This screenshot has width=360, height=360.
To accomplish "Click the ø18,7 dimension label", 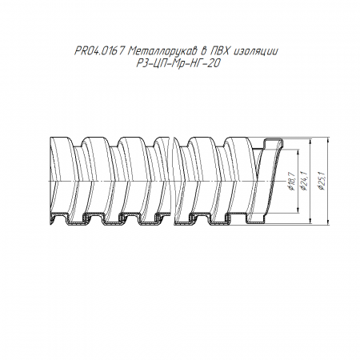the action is click(x=291, y=182).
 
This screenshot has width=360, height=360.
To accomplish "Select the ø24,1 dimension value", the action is click(x=304, y=181).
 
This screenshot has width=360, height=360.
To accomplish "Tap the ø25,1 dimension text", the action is click(x=322, y=181).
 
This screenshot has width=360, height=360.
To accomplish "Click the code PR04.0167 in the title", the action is click(x=99, y=51).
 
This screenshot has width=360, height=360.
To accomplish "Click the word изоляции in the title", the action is click(x=256, y=51).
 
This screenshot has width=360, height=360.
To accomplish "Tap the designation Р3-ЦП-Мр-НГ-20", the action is click(x=178, y=63).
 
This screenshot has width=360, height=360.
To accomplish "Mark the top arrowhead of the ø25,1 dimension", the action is click(x=328, y=140).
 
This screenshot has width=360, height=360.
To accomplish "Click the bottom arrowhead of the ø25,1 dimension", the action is click(x=328, y=221).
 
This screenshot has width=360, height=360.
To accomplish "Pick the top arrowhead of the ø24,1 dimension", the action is click(x=310, y=142).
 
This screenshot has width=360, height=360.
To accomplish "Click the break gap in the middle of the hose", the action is click(x=172, y=182).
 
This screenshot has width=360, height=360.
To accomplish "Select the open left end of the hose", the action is click(x=51, y=182).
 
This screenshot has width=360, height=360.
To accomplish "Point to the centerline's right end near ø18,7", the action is click(x=284, y=182).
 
